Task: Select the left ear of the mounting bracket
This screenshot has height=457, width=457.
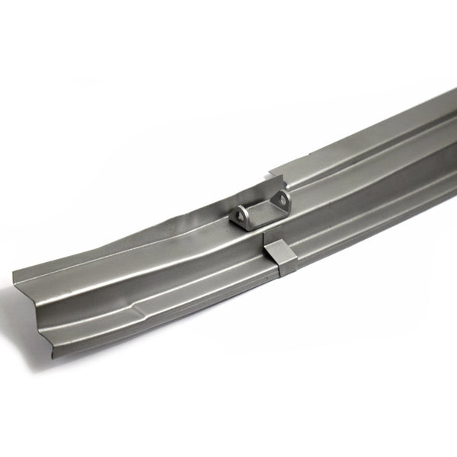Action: coord(241,216)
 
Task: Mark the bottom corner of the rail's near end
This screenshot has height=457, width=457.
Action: coord(52,356)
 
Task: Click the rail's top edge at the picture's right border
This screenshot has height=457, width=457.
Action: coord(455,90)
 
